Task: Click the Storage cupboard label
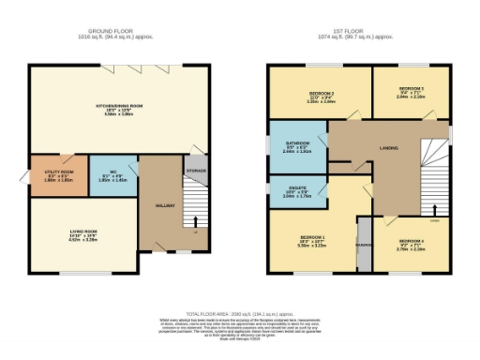[x=196, y=171]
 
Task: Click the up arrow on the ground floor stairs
[x=196, y=222]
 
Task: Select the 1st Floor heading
[x=350, y=31]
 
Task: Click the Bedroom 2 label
[x=322, y=94]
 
